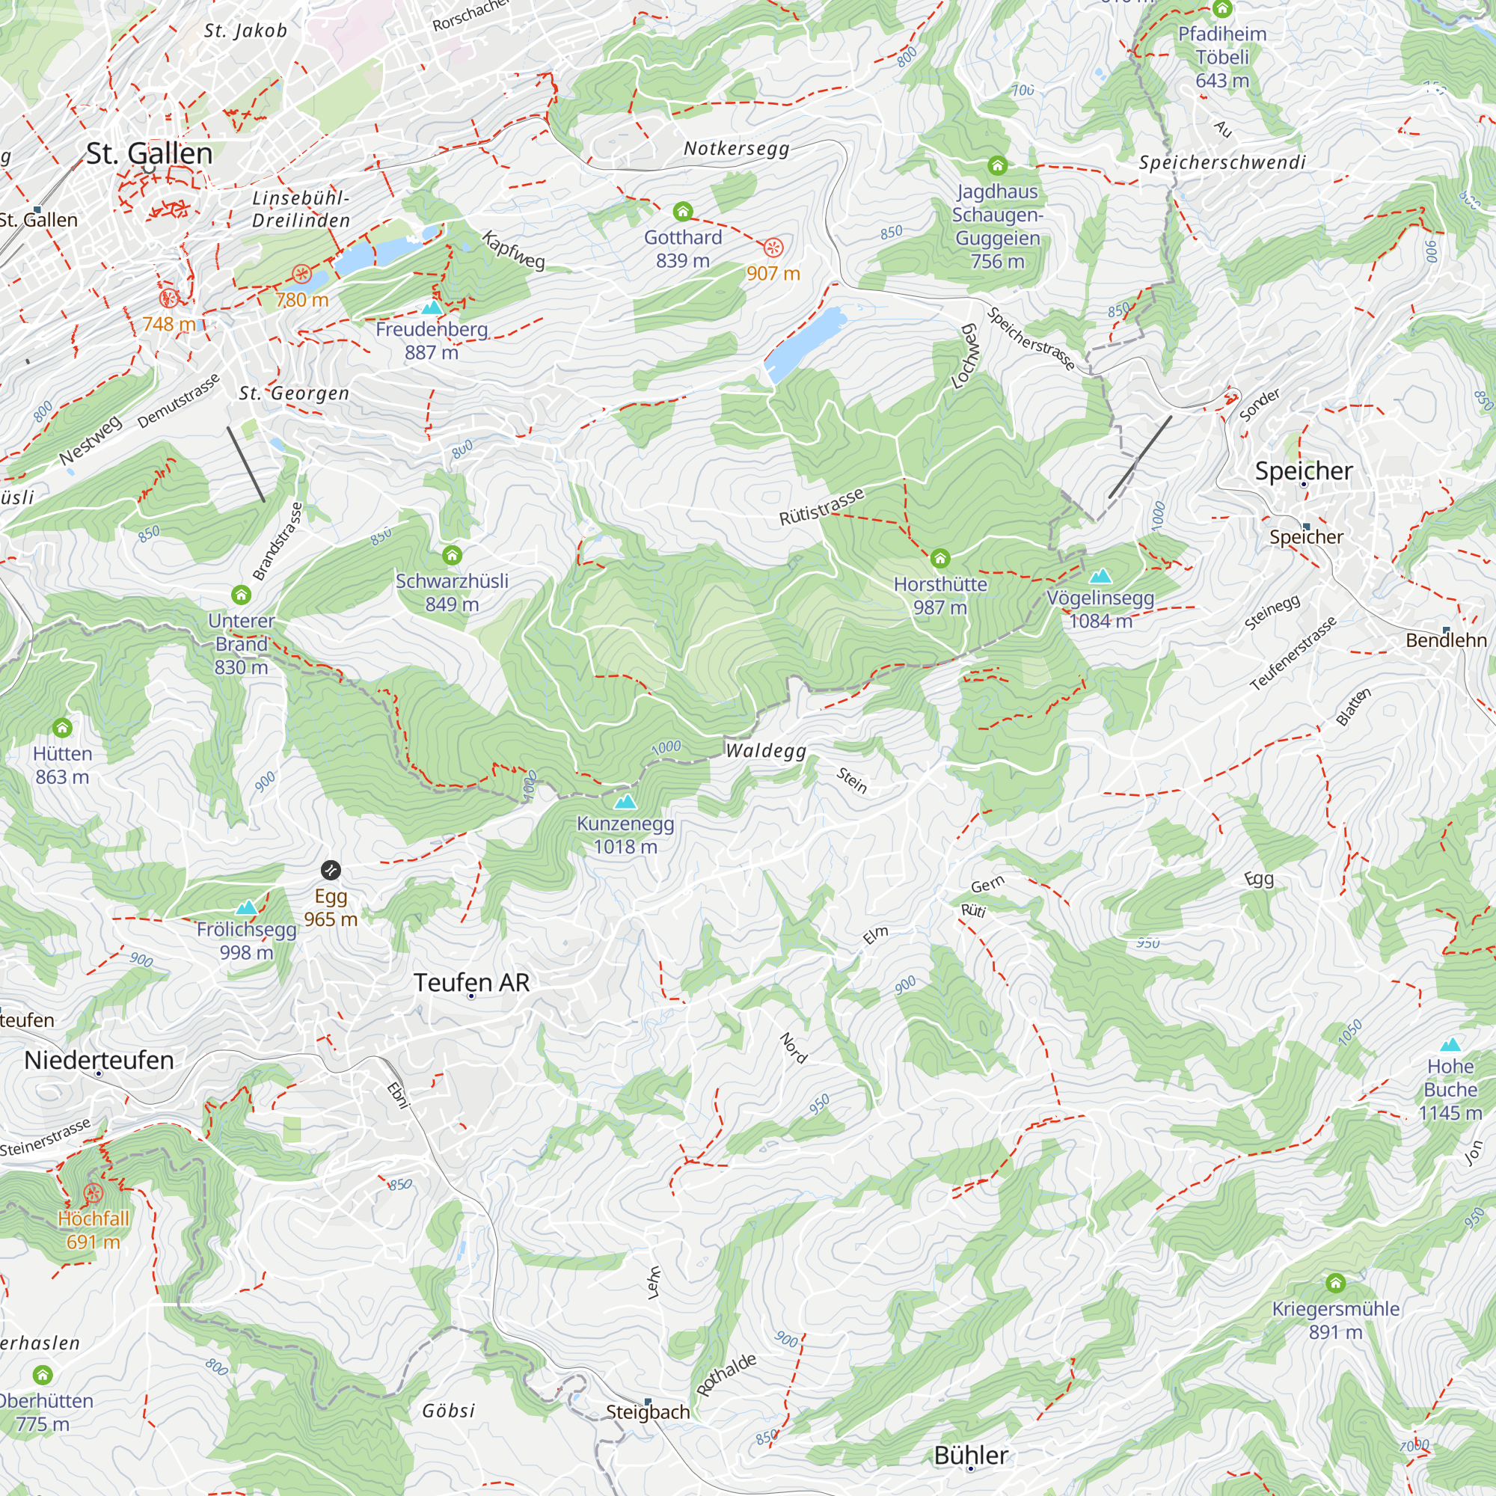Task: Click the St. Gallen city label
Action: point(149,153)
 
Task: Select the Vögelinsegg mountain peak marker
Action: point(1100,576)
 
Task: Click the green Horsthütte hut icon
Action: point(940,558)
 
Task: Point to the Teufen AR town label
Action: point(471,983)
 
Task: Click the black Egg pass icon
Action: point(331,871)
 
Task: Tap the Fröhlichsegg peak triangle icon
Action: point(246,907)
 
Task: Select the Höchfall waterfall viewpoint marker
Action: point(93,1193)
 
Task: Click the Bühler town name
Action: point(971,1455)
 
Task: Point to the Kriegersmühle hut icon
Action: point(1335,1283)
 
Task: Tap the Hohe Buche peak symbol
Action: point(1450,1043)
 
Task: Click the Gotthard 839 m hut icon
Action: point(682,212)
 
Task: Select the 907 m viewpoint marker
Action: point(773,248)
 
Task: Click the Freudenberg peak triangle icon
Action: point(432,307)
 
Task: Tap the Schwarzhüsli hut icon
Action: point(453,555)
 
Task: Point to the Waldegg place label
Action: point(766,750)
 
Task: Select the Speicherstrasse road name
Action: point(1031,338)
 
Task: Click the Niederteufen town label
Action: point(99,1060)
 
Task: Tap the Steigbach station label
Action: point(648,1411)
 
